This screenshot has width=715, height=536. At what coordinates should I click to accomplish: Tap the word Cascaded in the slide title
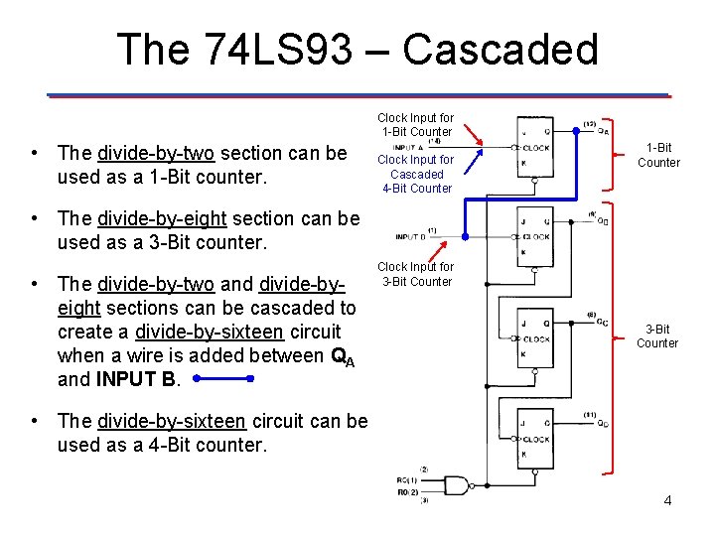[x=500, y=50]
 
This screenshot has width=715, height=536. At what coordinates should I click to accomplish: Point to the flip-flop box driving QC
[x=535, y=338]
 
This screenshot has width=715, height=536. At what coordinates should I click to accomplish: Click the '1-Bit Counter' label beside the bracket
[x=658, y=155]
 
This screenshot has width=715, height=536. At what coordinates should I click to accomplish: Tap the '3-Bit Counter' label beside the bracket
[x=657, y=335]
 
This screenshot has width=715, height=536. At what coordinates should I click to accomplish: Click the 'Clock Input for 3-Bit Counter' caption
[x=415, y=274]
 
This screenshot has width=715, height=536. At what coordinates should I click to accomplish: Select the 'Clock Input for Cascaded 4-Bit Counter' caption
[x=415, y=174]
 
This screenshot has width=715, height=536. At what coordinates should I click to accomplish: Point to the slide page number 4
[x=667, y=500]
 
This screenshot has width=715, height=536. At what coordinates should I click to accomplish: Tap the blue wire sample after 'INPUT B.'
[x=223, y=379]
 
